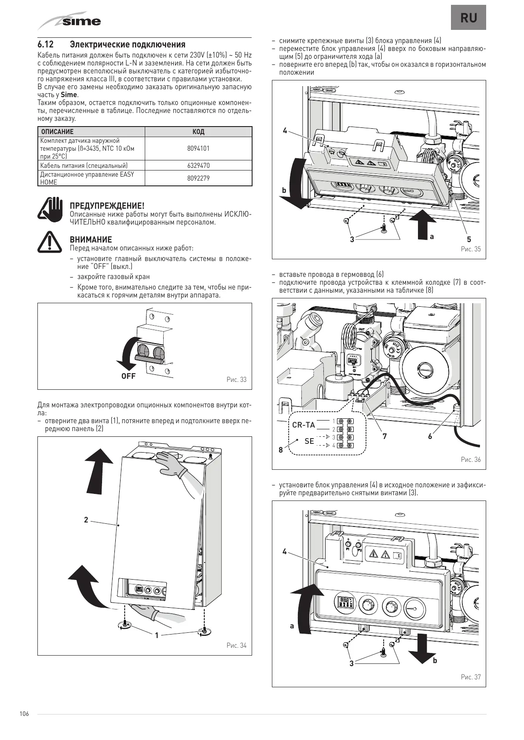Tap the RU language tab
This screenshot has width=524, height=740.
click(468, 18)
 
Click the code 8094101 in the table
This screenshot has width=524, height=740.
click(198, 149)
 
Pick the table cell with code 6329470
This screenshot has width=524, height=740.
click(198, 166)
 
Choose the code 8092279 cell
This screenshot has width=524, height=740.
click(198, 178)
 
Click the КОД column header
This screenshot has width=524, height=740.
click(198, 132)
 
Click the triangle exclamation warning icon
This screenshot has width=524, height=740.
click(50, 242)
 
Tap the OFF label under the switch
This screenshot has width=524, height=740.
click(128, 376)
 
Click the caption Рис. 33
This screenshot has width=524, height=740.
click(237, 380)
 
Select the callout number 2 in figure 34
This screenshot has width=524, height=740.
click(86, 520)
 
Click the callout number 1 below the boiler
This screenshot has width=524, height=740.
click(157, 635)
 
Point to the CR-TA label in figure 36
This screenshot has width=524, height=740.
click(304, 425)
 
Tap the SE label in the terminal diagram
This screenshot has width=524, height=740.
click(309, 441)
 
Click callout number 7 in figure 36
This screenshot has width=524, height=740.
click(385, 436)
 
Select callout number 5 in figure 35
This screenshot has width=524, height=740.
click(469, 239)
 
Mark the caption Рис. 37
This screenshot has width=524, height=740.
click(471, 677)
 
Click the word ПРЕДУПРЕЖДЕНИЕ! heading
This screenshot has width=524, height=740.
click(107, 206)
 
